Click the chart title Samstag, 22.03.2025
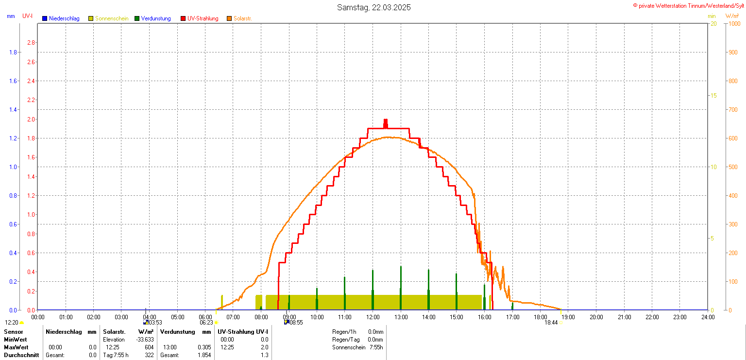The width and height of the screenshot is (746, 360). pyautogui.click(x=371, y=7)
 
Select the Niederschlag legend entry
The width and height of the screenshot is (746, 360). pyautogui.click(x=64, y=18)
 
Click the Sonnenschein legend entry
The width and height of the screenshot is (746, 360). pyautogui.click(x=111, y=18)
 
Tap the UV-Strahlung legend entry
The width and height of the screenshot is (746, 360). pyautogui.click(x=203, y=18)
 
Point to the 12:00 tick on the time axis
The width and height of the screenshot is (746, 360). pyautogui.click(x=373, y=317)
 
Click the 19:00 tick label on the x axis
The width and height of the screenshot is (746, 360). pyautogui.click(x=568, y=317)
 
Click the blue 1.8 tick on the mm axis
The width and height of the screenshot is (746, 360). pyautogui.click(x=14, y=52)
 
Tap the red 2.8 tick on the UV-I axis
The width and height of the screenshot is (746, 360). pyautogui.click(x=31, y=43)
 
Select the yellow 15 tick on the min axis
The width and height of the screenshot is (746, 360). pyautogui.click(x=713, y=95)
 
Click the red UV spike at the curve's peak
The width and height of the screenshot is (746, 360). pyautogui.click(x=386, y=123)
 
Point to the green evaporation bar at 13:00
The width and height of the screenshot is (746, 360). pyautogui.click(x=401, y=287)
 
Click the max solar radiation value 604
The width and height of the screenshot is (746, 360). pyautogui.click(x=149, y=347)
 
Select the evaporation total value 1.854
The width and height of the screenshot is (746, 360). pyautogui.click(x=204, y=355)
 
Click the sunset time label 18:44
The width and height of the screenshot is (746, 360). pyautogui.click(x=551, y=322)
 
